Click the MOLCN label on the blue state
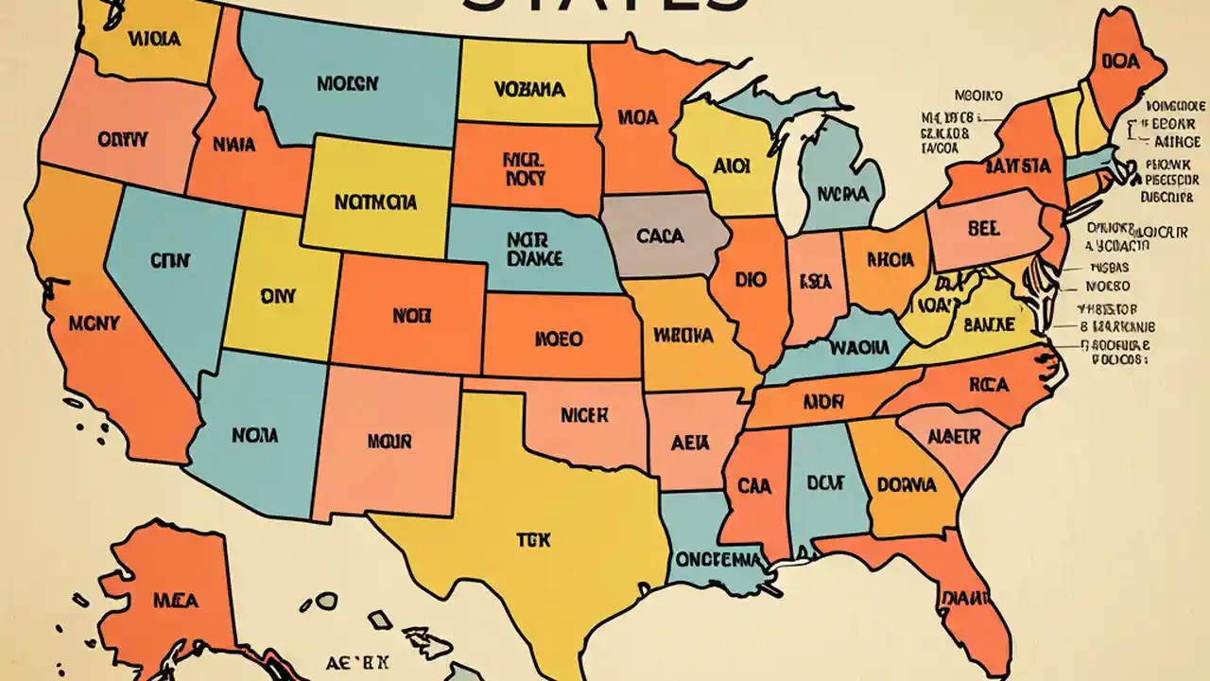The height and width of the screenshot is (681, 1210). pos(347,84)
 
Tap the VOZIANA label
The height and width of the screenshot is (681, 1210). pos(528,90)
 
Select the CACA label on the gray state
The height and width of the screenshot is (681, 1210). pos(660,236)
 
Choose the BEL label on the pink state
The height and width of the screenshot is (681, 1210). pos(983,228)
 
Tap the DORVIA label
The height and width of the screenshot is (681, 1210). pos(907,484)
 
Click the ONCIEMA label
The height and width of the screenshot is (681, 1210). pos(718,558)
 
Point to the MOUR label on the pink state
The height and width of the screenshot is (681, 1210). pos(389,441)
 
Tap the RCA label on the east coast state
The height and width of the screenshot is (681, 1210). pos(989,385)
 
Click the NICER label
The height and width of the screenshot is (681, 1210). pos(585,414)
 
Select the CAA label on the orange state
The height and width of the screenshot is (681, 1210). pos(754,486)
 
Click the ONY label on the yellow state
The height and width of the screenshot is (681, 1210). pos(278,296)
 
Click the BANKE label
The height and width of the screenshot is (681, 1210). pos(989,324)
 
